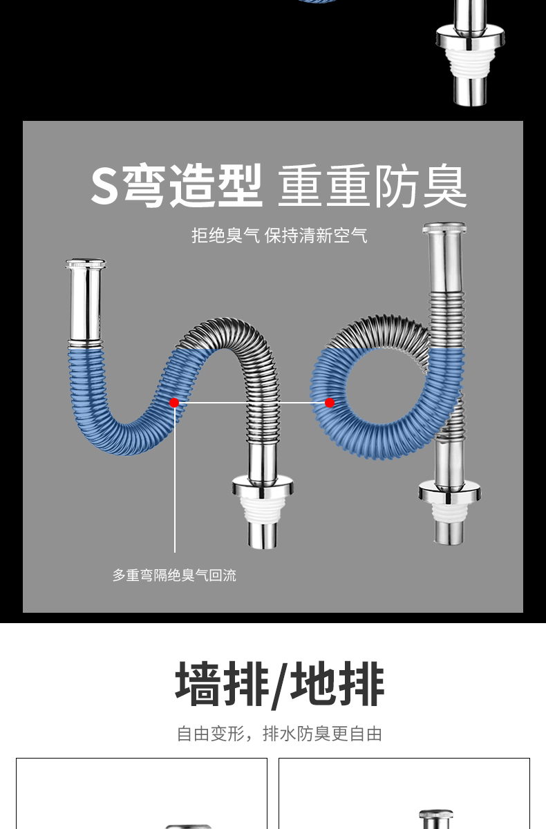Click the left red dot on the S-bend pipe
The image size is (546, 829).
[x=174, y=403]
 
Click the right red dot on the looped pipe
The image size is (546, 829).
[x=330, y=403]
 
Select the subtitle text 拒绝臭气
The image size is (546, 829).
[x=225, y=236]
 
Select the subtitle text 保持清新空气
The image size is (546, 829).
[x=316, y=236]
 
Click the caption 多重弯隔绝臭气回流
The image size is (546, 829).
[x=174, y=575]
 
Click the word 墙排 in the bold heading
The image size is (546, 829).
[x=221, y=685]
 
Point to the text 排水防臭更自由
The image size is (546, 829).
[x=323, y=734]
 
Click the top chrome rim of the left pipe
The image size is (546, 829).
[x=86, y=263]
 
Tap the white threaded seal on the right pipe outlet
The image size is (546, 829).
[x=449, y=511]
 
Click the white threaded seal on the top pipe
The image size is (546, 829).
[x=470, y=61]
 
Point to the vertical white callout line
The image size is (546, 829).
[x=175, y=484]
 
